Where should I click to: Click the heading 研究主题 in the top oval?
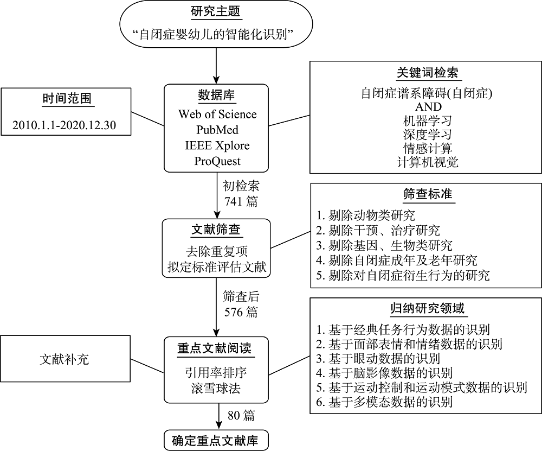(x=216, y=11)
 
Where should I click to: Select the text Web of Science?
(x=217, y=115)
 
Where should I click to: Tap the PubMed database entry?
(x=217, y=130)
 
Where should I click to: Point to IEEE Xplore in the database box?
(x=217, y=146)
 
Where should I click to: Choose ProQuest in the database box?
(x=217, y=161)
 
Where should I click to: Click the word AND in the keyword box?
(x=427, y=106)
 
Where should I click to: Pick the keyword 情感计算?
(x=427, y=148)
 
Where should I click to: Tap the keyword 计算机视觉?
(x=427, y=162)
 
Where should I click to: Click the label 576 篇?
(x=241, y=312)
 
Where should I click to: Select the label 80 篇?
(x=241, y=416)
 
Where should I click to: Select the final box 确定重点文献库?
(x=216, y=441)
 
